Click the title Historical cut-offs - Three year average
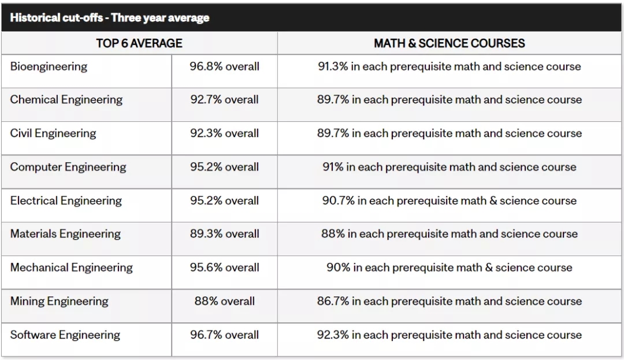(x=109, y=17)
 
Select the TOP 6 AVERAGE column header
(x=139, y=43)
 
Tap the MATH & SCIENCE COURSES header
(x=449, y=43)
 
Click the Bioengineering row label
(x=49, y=66)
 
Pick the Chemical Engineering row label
(x=66, y=99)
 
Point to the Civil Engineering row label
(x=53, y=133)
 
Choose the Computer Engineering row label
(x=68, y=167)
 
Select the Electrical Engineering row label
(x=66, y=201)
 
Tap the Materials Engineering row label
(x=65, y=234)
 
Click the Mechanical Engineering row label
(x=71, y=268)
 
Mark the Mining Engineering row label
(x=59, y=301)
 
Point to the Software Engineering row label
(x=65, y=335)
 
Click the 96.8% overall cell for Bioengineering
(x=224, y=66)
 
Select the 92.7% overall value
(x=224, y=99)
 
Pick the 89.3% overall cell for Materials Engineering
(x=224, y=234)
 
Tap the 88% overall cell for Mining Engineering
(x=224, y=301)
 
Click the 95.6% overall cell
(x=224, y=268)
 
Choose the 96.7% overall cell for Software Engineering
(x=224, y=335)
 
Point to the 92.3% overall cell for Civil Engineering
(x=224, y=133)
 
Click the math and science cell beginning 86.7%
(x=449, y=301)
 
